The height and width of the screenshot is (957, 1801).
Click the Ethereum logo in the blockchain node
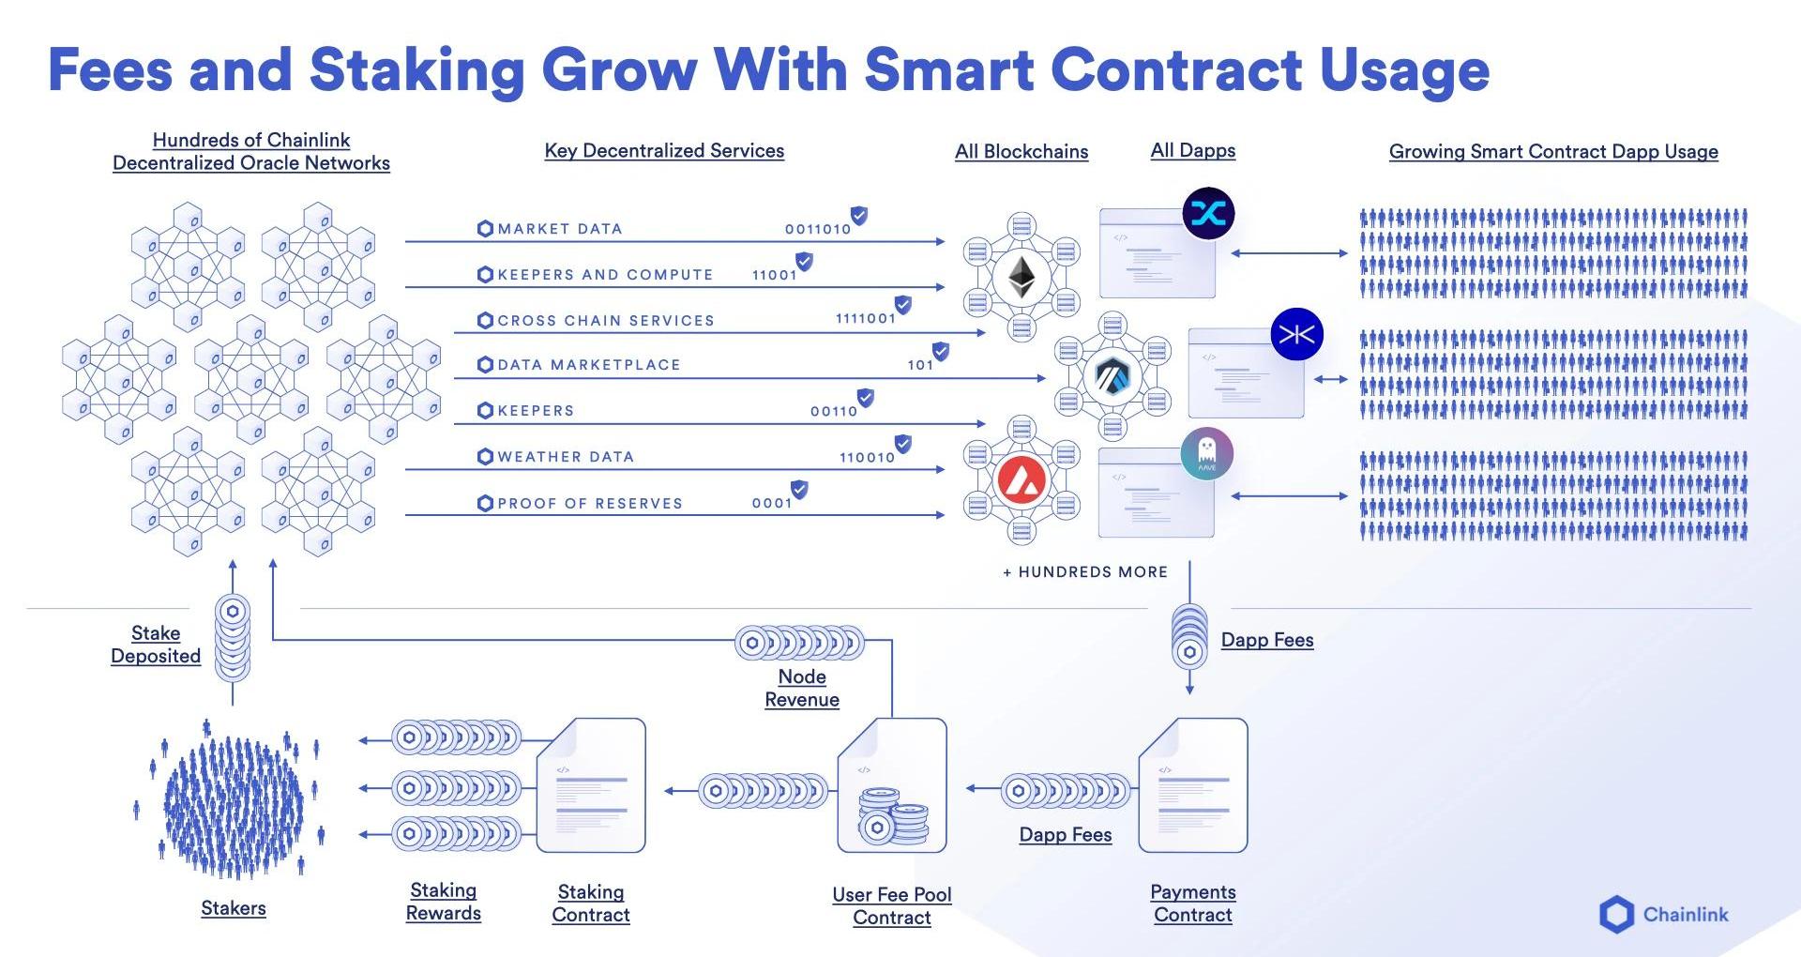point(1022,278)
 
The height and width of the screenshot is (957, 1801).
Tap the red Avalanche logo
point(1022,480)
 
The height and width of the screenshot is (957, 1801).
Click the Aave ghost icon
point(1206,454)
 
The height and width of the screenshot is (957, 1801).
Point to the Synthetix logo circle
point(1208,213)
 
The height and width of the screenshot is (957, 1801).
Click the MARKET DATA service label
point(559,229)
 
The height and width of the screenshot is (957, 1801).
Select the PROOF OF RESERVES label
point(589,504)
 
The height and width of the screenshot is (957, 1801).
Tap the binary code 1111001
point(865,319)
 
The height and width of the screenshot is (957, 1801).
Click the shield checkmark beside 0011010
point(858,216)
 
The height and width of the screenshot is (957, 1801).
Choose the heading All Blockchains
point(1022,152)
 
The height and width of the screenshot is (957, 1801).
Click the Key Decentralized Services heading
point(664,151)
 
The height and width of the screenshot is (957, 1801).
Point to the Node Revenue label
point(801,688)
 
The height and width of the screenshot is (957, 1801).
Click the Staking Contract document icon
point(591,785)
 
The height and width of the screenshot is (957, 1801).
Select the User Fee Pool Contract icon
point(891,785)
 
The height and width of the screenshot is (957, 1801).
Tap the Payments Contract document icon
point(1192,785)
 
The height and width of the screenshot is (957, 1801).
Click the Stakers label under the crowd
point(234,908)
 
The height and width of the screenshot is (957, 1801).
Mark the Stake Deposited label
point(156,645)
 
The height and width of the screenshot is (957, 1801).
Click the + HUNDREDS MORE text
point(1085,572)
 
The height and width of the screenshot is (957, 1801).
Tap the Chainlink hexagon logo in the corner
point(1616,915)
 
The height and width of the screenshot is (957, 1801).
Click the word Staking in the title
point(416,70)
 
